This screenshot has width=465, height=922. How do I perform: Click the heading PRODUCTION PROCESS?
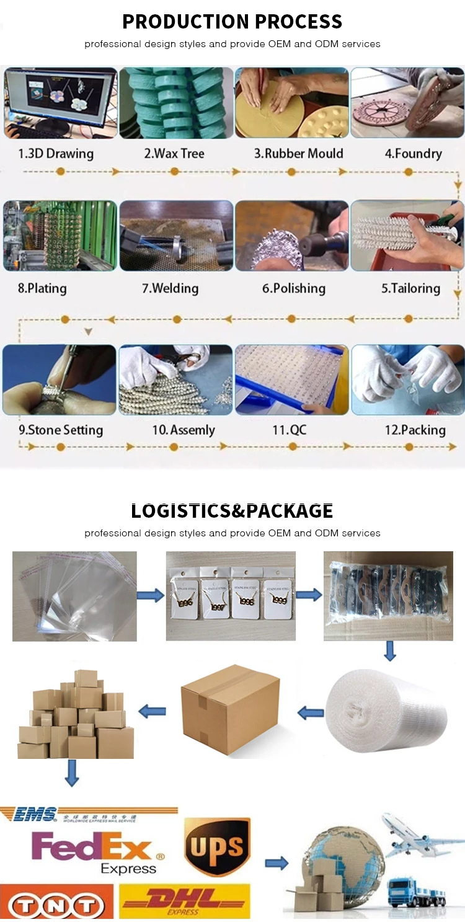click(x=232, y=22)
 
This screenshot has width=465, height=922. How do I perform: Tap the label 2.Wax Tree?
click(x=174, y=154)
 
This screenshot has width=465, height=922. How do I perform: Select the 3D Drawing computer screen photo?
click(x=60, y=103)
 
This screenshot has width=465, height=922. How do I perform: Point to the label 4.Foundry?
click(x=413, y=154)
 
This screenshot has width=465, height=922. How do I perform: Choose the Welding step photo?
click(x=175, y=235)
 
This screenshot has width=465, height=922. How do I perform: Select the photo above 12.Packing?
click(x=407, y=379)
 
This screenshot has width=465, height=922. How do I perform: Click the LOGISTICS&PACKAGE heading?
click(x=232, y=511)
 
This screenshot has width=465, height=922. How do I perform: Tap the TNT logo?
click(x=56, y=902)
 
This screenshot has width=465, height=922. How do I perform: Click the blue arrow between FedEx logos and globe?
click(x=277, y=864)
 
